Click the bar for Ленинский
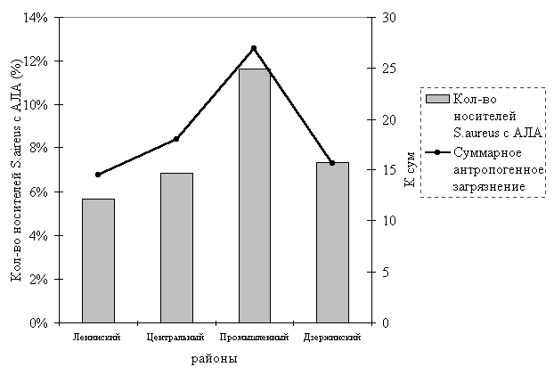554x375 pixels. [98, 260]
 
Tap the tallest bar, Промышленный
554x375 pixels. [254, 195]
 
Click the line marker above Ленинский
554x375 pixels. [98, 175]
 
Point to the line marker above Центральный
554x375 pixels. [176, 139]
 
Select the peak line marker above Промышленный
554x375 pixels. [254, 48]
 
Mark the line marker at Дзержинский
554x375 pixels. [332, 163]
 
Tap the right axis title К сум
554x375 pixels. [410, 170]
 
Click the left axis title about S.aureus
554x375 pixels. [15, 170]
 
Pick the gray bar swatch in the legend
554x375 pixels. [436, 98]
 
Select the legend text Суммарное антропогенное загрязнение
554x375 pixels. [489, 169]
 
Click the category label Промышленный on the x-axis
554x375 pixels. [254, 338]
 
